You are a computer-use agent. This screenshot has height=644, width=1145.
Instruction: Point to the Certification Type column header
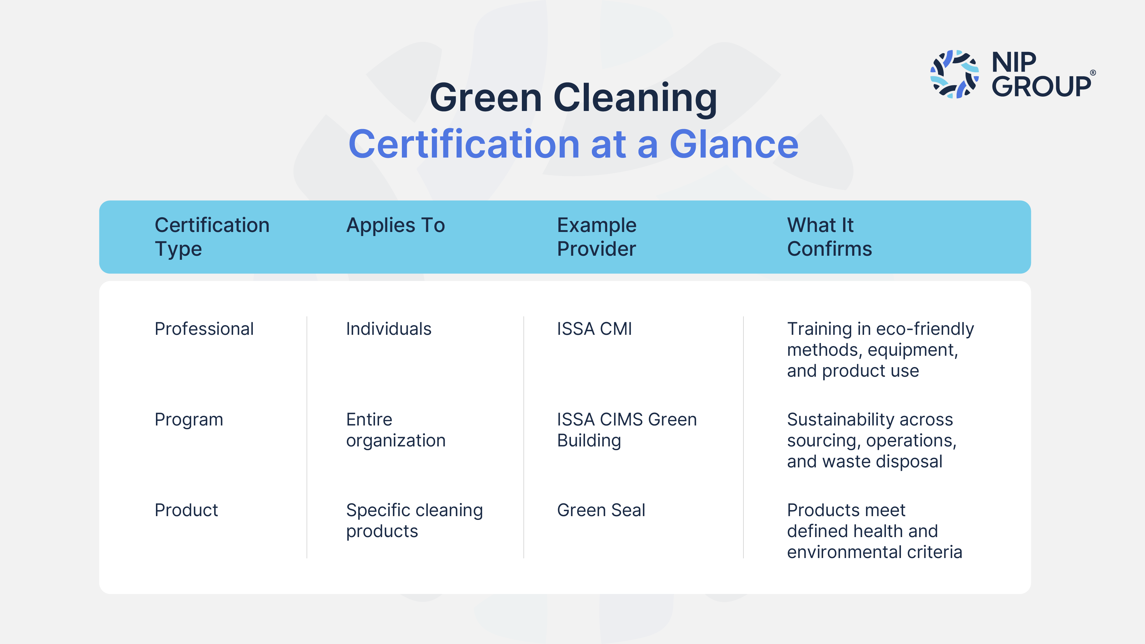(x=212, y=237)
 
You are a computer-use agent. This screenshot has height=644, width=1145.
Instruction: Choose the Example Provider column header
(x=597, y=237)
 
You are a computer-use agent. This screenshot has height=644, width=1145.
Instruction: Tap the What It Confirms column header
(x=829, y=237)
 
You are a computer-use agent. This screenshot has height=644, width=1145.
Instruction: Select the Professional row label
(x=204, y=329)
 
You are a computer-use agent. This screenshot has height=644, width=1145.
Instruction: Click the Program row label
(x=189, y=420)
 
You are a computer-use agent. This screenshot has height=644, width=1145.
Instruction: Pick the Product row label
(x=186, y=510)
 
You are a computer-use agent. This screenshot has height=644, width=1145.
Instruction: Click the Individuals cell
(x=388, y=329)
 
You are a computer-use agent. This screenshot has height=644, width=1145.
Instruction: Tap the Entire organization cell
(x=396, y=430)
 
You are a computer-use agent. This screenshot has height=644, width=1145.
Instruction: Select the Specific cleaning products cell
(x=414, y=521)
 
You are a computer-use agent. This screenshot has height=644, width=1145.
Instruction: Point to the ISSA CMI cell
(x=594, y=329)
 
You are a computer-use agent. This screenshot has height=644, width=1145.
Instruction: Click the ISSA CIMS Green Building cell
(x=627, y=430)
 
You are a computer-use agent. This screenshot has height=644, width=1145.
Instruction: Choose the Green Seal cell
(x=601, y=510)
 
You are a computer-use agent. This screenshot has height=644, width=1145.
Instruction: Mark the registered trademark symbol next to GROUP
(x=1093, y=73)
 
